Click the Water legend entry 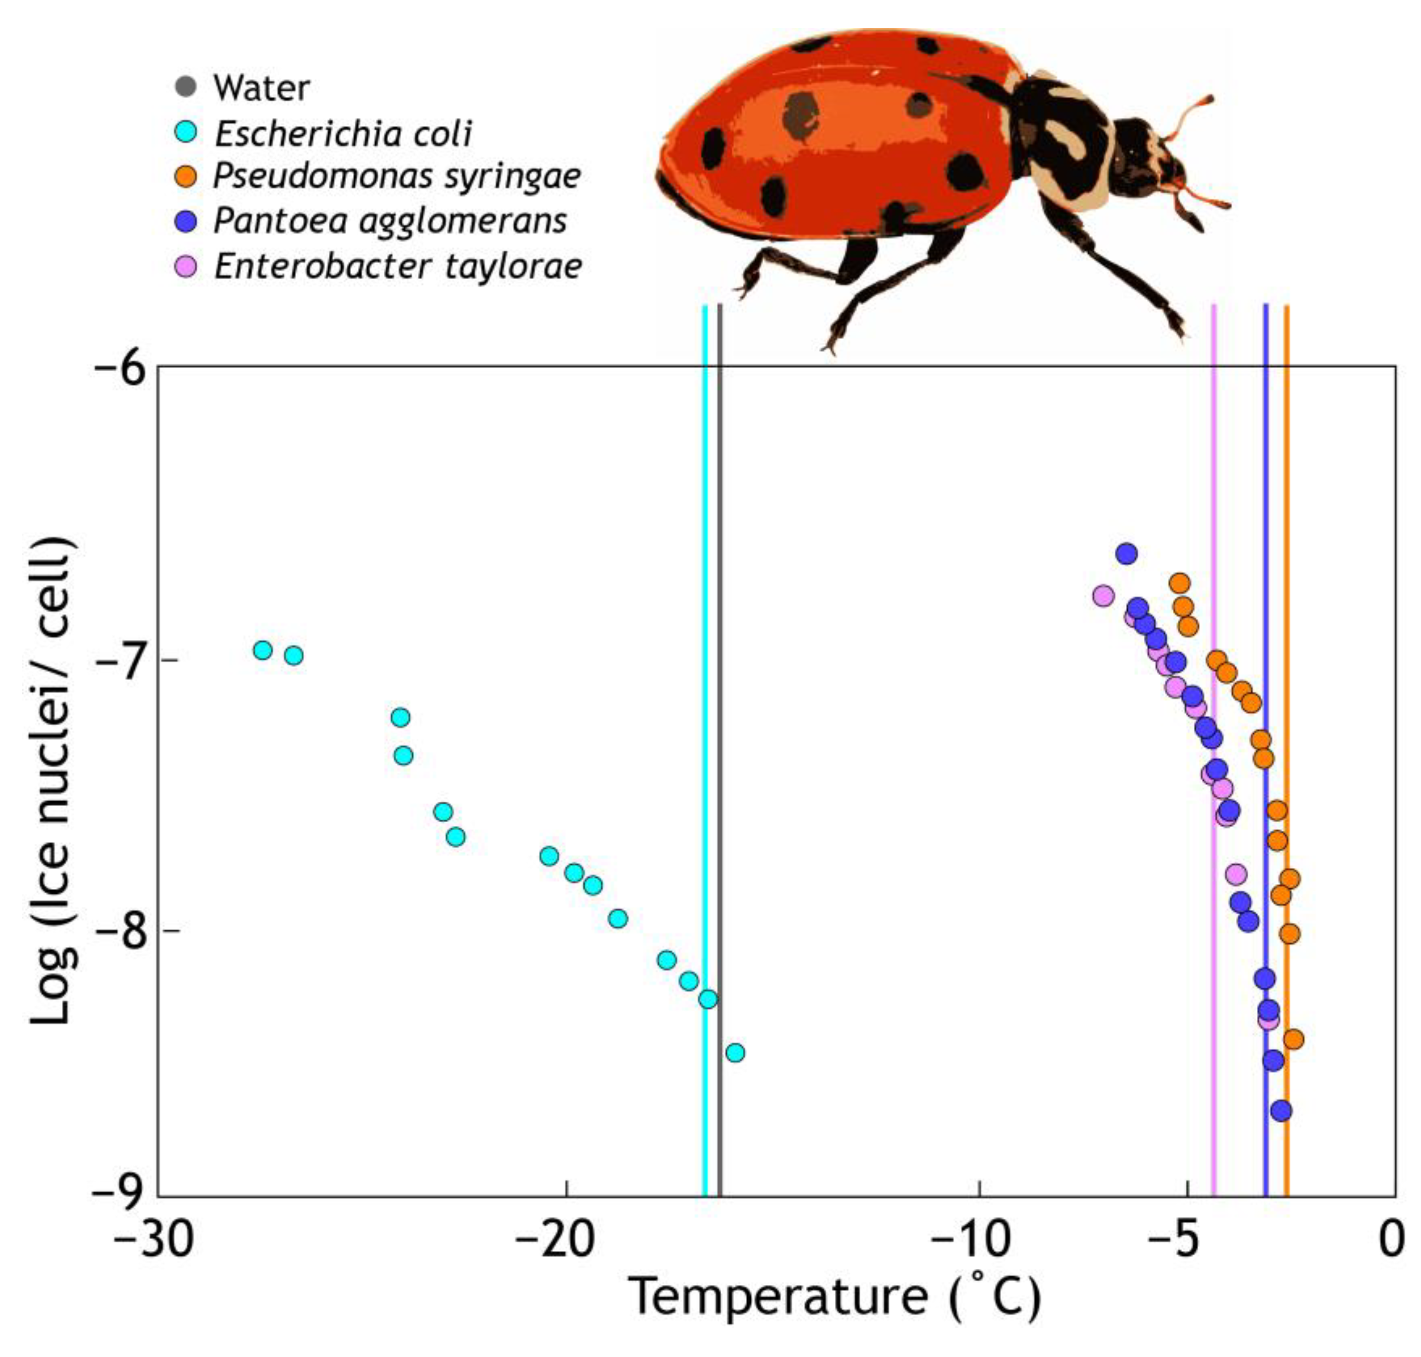click(261, 88)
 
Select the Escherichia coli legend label click(343, 134)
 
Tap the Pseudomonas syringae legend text click(397, 176)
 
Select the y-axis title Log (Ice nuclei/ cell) click(52, 781)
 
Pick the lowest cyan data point click(735, 1052)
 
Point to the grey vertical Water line click(719, 723)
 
